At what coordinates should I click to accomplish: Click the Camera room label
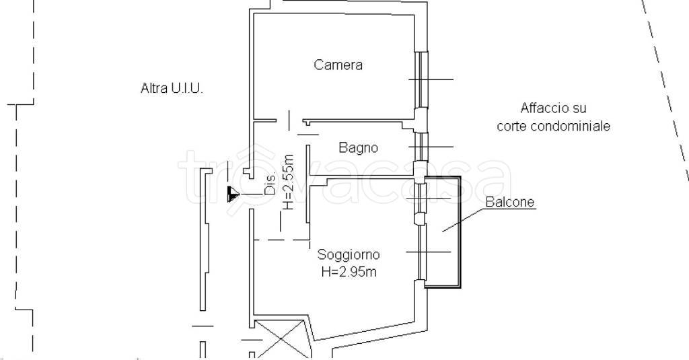[338, 65]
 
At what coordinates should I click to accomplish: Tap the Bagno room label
[358, 147]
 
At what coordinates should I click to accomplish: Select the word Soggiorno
[349, 254]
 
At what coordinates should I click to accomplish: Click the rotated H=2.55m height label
[288, 182]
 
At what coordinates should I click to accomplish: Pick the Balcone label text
[511, 202]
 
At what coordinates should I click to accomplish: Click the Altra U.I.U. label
[171, 88]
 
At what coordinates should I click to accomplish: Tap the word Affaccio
[542, 108]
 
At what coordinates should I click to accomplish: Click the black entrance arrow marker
[233, 195]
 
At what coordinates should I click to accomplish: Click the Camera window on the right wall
[420, 79]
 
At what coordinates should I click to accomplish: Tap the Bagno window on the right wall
[420, 147]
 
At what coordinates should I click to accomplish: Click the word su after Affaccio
[580, 108]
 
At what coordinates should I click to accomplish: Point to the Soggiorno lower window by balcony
[420, 252]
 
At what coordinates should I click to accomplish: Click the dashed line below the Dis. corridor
[281, 240]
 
